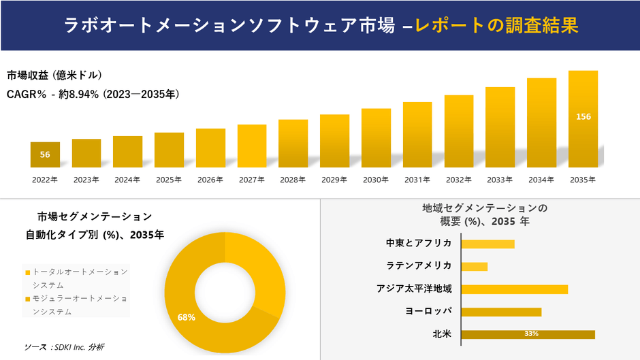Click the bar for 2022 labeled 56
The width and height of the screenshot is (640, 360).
(x=45, y=154)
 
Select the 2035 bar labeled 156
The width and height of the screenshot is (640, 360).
(x=583, y=118)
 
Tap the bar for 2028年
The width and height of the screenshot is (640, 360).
(x=293, y=143)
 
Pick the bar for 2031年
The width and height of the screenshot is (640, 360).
(x=417, y=134)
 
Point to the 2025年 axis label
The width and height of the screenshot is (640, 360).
(x=169, y=180)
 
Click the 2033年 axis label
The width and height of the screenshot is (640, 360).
(x=500, y=180)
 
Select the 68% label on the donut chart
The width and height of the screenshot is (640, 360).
(x=187, y=317)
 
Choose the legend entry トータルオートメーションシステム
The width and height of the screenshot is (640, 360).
(x=79, y=278)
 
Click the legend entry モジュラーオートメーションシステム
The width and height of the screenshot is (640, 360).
(x=79, y=305)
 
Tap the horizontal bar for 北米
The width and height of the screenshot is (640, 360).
(x=528, y=334)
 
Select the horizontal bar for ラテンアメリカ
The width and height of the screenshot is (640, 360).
(x=475, y=266)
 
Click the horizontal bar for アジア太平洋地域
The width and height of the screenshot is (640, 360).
(x=514, y=289)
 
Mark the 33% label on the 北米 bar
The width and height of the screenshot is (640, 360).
(x=531, y=334)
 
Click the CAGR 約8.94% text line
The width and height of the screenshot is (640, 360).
(x=93, y=94)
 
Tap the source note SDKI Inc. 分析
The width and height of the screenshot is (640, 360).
(x=64, y=347)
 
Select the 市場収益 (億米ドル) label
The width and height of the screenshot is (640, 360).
(x=54, y=75)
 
